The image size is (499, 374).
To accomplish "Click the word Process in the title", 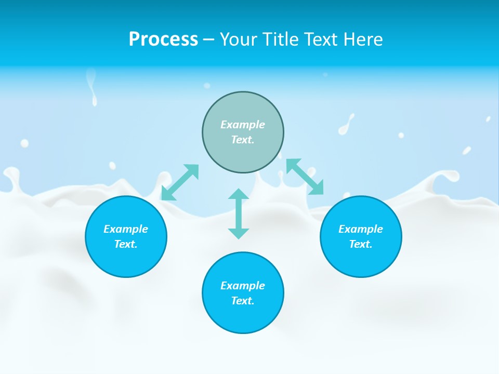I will pyautogui.click(x=163, y=39).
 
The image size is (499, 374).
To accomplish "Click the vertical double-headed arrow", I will pyautogui.click(x=239, y=213).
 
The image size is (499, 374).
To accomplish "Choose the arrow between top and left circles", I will pyautogui.click(x=180, y=182).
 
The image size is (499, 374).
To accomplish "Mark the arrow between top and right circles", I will pyautogui.click(x=305, y=177).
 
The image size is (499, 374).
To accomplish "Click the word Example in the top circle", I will pyautogui.click(x=243, y=125).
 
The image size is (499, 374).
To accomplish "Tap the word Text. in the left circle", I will pyautogui.click(x=126, y=244).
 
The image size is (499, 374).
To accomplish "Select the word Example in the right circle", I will pyautogui.click(x=361, y=229).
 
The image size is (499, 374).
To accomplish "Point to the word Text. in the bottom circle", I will pyautogui.click(x=243, y=301).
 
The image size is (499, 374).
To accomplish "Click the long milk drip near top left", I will pyautogui.click(x=93, y=86).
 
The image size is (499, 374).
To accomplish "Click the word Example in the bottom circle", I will pyautogui.click(x=243, y=286).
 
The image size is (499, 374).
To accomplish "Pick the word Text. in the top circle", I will pyautogui.click(x=243, y=140).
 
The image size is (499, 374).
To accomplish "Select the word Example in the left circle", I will pyautogui.click(x=126, y=229).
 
